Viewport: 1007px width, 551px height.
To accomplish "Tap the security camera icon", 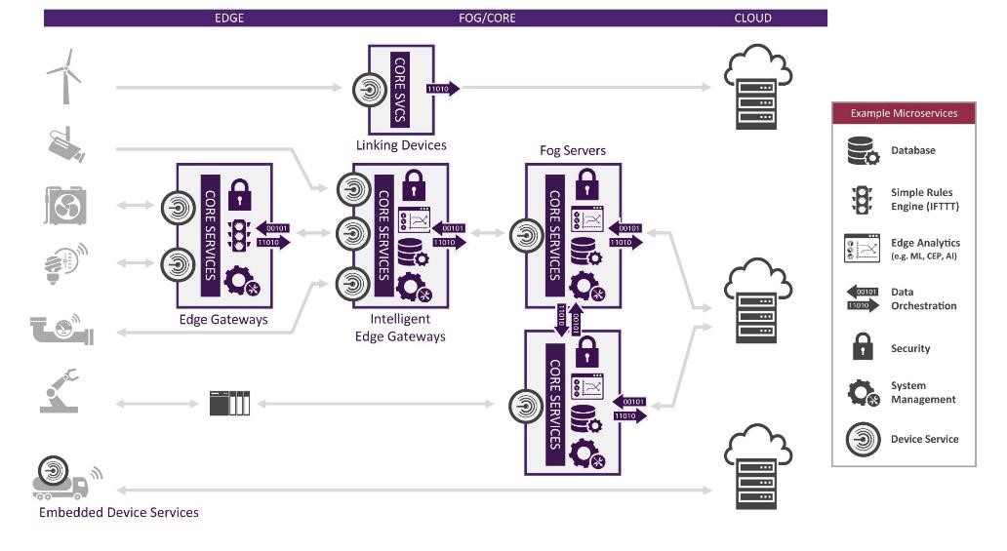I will pos(65,145).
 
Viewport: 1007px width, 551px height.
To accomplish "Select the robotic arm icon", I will pos(60,391).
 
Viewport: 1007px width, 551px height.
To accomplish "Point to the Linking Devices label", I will pos(401,145).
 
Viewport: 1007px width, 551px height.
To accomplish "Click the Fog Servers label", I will pos(573,150).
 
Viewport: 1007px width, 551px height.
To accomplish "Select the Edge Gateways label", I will pos(223,319).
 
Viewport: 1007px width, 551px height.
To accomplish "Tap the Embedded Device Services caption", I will pos(118,512).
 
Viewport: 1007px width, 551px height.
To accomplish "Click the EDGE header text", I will pos(229,18).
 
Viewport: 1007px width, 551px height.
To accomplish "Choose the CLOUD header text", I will pos(752,18).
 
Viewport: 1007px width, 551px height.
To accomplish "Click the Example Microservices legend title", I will pos(904,113).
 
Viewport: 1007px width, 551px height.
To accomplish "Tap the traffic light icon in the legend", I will pos(862,199).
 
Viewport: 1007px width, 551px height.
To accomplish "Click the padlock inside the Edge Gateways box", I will pos(240,193).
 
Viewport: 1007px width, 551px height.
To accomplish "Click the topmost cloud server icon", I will pos(757,92).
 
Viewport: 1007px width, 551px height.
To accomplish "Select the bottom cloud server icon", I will pos(757,468).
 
